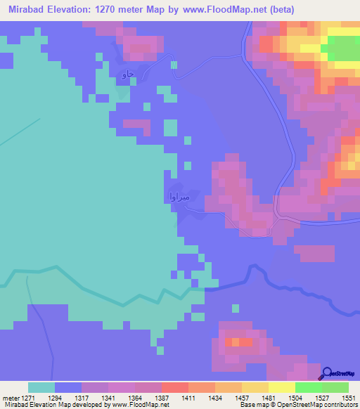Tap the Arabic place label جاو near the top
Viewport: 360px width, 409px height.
pyautogui.click(x=127, y=74)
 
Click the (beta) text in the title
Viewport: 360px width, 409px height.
pyautogui.click(x=279, y=10)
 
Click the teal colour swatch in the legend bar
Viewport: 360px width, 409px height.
pyautogui.click(x=41, y=387)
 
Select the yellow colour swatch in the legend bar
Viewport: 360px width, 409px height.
pyautogui.click(x=281, y=387)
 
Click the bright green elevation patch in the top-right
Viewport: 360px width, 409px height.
pyautogui.click(x=342, y=49)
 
